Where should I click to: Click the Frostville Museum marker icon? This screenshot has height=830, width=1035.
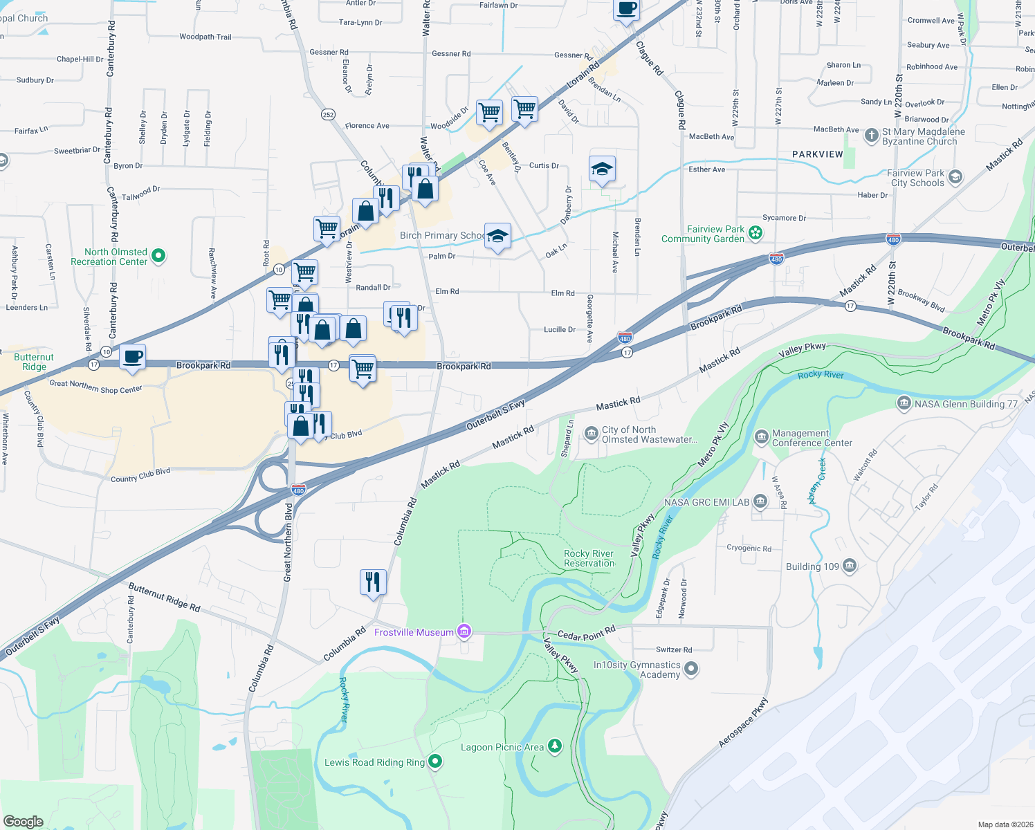[464, 631]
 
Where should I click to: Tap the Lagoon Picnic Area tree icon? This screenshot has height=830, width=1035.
[554, 746]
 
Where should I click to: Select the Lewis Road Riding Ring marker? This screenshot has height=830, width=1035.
[435, 762]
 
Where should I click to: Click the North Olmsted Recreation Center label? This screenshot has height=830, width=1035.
[109, 257]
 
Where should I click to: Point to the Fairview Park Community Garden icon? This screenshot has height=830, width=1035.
[755, 233]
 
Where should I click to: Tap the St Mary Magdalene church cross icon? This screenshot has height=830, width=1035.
[872, 135]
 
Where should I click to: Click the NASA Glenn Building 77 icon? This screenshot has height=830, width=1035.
[904, 403]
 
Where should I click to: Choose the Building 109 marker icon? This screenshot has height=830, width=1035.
[850, 566]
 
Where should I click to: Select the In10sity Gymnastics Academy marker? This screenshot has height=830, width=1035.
[691, 669]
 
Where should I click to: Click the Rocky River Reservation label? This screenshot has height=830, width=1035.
[589, 558]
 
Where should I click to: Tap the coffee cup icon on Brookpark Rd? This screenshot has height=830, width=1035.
[132, 357]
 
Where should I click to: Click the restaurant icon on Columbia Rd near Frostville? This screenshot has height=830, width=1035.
[373, 582]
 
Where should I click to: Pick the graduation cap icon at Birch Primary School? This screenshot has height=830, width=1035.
[497, 236]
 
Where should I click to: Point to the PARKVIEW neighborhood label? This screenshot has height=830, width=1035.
[817, 154]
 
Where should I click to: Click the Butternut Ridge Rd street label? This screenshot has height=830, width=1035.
[164, 597]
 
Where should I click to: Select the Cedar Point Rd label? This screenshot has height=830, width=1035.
[586, 634]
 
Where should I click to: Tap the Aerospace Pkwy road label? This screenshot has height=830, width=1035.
[743, 723]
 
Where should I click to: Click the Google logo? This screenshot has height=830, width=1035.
[24, 821]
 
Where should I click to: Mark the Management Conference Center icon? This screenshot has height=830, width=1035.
[761, 437]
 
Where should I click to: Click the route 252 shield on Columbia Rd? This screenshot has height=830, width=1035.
[328, 114]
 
